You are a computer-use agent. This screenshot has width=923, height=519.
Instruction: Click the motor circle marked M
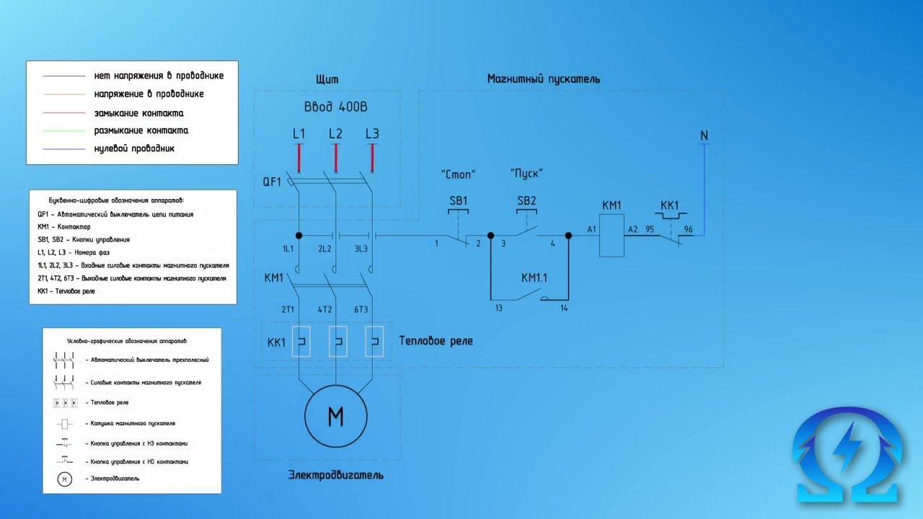tap(336, 417)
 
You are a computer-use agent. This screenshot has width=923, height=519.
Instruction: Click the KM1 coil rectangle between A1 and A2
tap(611, 236)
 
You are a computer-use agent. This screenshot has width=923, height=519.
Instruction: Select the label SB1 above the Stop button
tap(458, 201)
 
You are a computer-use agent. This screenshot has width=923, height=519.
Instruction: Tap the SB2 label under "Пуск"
tap(526, 201)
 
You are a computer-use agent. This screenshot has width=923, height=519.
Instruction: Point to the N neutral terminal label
tap(704, 136)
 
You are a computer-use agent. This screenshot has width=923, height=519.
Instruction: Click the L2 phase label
tap(335, 134)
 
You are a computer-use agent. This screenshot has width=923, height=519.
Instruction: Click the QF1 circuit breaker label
tap(272, 182)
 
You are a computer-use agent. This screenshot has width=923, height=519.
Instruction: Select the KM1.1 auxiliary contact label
tap(534, 278)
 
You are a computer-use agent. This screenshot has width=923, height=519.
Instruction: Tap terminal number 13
tap(498, 309)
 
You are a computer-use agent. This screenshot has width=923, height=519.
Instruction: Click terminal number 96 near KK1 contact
tap(688, 230)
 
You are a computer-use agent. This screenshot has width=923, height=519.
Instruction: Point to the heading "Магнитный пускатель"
tap(543, 79)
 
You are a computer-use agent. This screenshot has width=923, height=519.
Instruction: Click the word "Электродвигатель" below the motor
tap(335, 475)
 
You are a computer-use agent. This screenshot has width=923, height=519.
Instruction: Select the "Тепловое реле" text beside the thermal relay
tap(436, 341)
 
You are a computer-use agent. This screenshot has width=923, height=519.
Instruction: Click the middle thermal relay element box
tap(337, 342)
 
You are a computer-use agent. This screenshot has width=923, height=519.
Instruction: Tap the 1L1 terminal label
tap(288, 249)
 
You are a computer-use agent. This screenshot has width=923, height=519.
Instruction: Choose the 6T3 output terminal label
tap(361, 310)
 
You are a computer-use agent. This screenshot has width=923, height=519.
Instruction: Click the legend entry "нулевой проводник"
tap(134, 148)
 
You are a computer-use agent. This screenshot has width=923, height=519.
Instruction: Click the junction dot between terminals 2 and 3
tap(490, 236)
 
